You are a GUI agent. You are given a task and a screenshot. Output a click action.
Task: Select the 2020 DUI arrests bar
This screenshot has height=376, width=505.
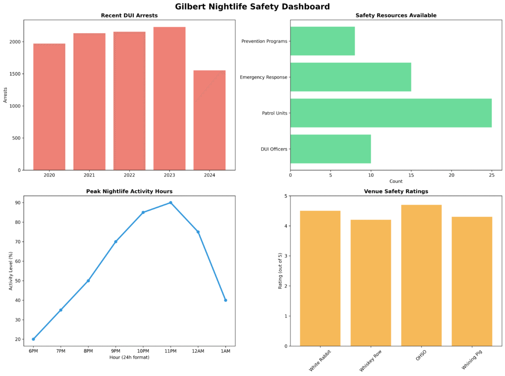tap(49, 107)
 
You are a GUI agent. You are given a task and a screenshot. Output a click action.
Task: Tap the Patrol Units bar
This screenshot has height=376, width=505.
tap(391, 113)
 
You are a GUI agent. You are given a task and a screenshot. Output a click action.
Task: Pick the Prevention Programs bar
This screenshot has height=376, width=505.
tap(323, 41)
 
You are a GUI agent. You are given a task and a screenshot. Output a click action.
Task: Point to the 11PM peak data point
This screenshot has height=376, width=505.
tap(171, 203)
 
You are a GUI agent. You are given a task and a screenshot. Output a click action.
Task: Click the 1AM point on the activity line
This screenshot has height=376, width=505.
tap(225, 300)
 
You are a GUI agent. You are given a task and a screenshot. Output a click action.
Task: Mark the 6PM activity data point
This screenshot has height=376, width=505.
tap(34, 339)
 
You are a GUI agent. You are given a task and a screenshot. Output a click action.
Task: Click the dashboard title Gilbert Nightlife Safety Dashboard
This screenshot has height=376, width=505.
tap(252, 7)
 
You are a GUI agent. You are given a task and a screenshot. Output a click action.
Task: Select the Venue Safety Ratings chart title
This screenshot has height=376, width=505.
tap(396, 191)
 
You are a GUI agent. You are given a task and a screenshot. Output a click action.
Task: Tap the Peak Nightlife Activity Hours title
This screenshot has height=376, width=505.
tap(129, 191)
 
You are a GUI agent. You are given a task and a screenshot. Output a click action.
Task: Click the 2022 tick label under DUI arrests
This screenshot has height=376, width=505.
tap(129, 175)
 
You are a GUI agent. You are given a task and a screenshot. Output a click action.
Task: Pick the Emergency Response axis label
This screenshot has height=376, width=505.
tap(263, 78)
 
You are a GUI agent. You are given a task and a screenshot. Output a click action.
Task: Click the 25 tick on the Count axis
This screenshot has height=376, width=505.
tap(492, 175)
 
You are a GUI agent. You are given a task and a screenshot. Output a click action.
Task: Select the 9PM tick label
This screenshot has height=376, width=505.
tap(116, 351)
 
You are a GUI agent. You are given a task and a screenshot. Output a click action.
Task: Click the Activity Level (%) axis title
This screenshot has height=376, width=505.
tap(11, 271)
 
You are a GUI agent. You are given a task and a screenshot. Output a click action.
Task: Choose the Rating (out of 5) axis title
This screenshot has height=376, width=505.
tap(280, 271)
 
